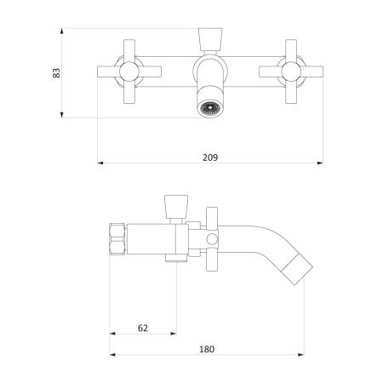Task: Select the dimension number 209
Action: (210, 156)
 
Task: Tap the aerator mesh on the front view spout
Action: (209, 108)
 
